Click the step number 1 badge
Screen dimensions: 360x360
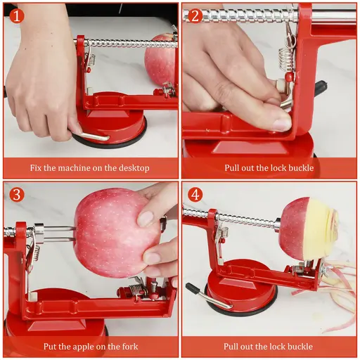point(16,15)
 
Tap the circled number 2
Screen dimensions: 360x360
point(195,15)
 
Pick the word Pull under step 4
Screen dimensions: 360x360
point(233,347)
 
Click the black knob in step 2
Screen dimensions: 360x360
point(321,88)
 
